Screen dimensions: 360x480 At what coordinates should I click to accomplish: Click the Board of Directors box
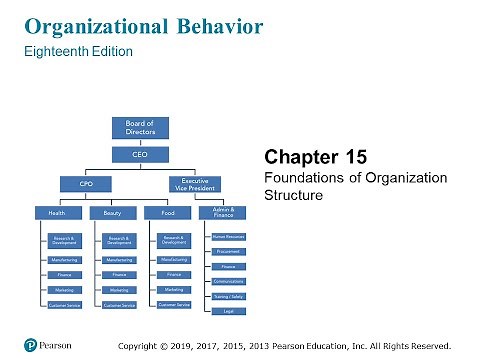point(140,128)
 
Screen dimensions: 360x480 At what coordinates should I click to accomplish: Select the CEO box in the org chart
point(140,155)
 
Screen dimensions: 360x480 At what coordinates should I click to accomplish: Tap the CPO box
point(86,183)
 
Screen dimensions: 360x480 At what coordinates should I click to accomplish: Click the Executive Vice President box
point(194,183)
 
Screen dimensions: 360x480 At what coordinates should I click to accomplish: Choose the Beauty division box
point(112,212)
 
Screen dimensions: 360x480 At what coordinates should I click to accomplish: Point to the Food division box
point(167,212)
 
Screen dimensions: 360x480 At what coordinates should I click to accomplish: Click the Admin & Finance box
point(224,211)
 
